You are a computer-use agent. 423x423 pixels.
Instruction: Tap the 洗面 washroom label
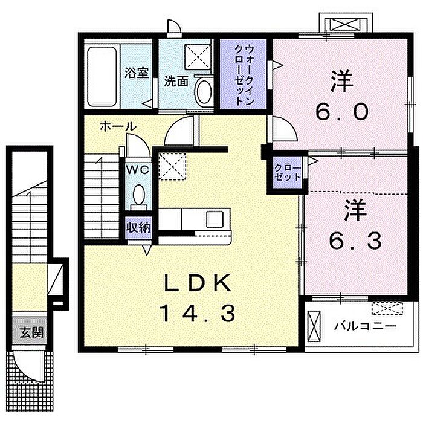(176, 81)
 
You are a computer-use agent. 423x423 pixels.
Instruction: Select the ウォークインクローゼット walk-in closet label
(244, 75)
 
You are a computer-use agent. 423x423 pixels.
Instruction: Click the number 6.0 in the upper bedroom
(342, 112)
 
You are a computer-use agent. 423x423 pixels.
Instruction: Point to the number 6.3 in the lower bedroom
(355, 241)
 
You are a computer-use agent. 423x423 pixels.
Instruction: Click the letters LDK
(198, 283)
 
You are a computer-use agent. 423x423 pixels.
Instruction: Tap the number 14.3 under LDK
(198, 314)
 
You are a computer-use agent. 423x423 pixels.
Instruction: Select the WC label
(138, 170)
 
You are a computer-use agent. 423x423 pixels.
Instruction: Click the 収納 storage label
(138, 228)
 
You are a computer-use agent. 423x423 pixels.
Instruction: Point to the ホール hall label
(118, 126)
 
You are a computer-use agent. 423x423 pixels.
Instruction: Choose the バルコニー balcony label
(366, 327)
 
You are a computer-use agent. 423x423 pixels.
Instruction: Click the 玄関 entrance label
(31, 334)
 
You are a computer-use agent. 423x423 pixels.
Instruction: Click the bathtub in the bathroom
(102, 77)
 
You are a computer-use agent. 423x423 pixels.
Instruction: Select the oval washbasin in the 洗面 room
(204, 91)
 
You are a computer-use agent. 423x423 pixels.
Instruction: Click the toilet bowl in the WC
(139, 195)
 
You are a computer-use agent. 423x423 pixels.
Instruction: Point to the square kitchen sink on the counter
(215, 219)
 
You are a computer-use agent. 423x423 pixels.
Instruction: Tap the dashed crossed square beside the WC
(172, 166)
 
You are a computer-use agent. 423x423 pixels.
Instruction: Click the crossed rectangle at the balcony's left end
(314, 327)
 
